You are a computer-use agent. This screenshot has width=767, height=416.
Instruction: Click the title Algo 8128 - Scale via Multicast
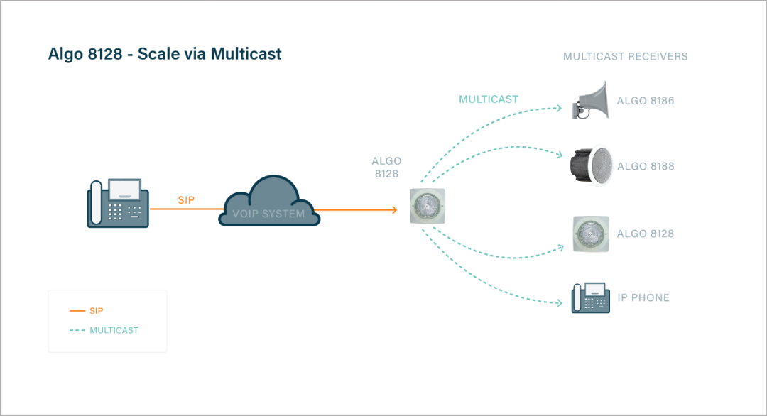(x=165, y=54)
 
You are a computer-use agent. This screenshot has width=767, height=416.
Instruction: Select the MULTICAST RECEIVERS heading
(x=625, y=56)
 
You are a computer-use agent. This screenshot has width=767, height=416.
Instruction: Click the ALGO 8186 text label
(x=645, y=101)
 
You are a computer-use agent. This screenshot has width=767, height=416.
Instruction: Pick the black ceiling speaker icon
(x=589, y=166)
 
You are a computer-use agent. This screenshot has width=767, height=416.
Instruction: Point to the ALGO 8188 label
(x=645, y=167)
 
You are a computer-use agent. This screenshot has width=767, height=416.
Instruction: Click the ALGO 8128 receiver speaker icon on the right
(x=591, y=234)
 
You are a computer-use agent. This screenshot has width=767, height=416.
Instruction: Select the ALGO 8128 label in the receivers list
(x=645, y=234)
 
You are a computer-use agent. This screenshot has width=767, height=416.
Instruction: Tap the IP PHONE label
(x=643, y=297)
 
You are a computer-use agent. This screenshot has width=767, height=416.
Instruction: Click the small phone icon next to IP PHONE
(x=591, y=297)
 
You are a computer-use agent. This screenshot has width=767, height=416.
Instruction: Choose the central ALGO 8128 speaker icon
(x=428, y=207)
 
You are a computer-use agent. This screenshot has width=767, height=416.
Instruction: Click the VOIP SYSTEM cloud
(x=268, y=203)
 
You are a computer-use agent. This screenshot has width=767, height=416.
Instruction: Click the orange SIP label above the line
(x=185, y=200)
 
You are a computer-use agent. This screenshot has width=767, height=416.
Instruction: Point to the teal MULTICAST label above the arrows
(x=488, y=99)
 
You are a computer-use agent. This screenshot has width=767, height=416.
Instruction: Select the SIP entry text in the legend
(x=97, y=311)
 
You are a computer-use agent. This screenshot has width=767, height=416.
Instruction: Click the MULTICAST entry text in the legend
(x=114, y=330)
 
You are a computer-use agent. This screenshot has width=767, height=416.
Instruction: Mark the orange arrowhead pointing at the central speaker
(x=393, y=209)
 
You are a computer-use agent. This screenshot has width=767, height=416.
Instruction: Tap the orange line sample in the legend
(x=77, y=311)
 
